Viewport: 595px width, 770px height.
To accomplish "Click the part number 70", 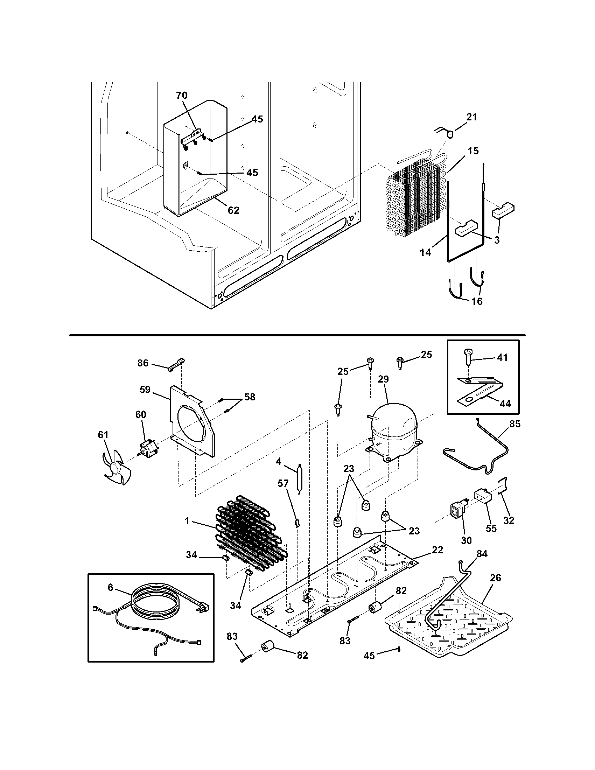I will (182, 95).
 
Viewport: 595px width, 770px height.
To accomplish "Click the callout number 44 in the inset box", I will (505, 404).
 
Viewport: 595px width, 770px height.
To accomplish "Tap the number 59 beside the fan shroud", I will (145, 390).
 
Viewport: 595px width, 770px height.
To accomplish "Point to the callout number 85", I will (514, 424).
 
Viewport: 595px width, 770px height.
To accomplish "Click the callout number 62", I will (233, 210).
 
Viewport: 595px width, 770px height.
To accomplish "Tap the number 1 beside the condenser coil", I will (187, 531).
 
